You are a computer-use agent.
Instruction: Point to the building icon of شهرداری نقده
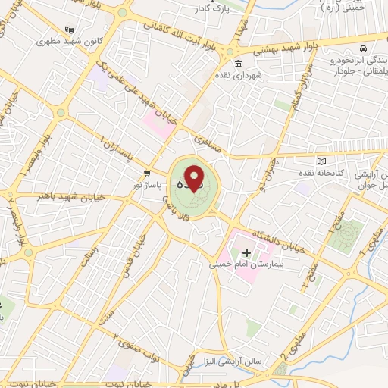(x=238, y=62)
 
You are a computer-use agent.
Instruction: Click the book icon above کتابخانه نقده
(x=321, y=161)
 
